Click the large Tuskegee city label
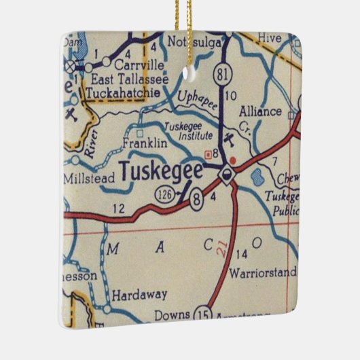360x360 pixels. pos(160,171)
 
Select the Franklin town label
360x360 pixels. pos(144,143)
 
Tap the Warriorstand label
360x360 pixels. pos(264,273)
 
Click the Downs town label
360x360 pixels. pos(170,315)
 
